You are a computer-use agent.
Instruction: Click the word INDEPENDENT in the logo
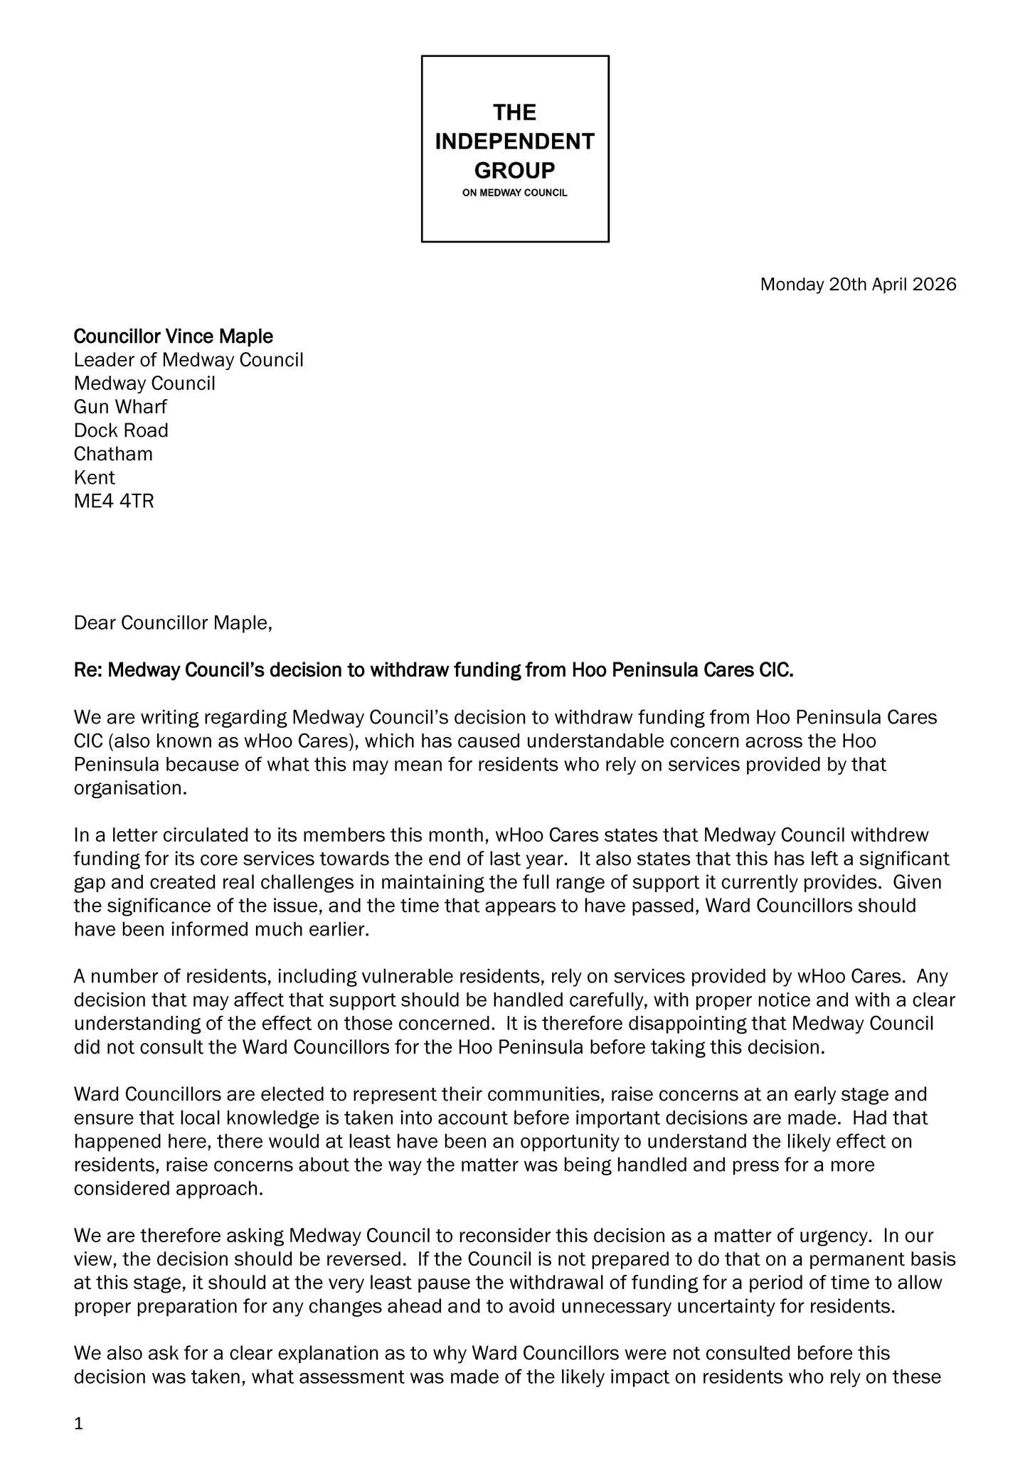click(x=514, y=142)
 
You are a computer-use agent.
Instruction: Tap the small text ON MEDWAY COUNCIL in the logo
click(x=514, y=193)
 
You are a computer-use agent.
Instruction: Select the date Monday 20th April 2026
click(x=858, y=285)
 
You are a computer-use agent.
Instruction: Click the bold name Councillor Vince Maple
click(x=174, y=336)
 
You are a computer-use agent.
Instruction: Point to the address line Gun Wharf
click(x=121, y=407)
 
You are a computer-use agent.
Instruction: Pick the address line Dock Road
click(x=122, y=430)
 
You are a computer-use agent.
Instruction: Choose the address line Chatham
click(x=113, y=454)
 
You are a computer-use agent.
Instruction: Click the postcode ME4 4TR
click(x=114, y=501)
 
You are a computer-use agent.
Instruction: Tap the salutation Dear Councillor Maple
click(x=173, y=623)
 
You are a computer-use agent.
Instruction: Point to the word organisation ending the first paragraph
click(x=129, y=788)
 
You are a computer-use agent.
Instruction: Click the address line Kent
click(x=95, y=477)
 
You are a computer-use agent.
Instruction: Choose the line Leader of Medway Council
click(x=189, y=360)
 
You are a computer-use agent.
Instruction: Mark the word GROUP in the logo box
click(x=514, y=171)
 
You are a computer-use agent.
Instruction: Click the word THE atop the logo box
click(x=514, y=112)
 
